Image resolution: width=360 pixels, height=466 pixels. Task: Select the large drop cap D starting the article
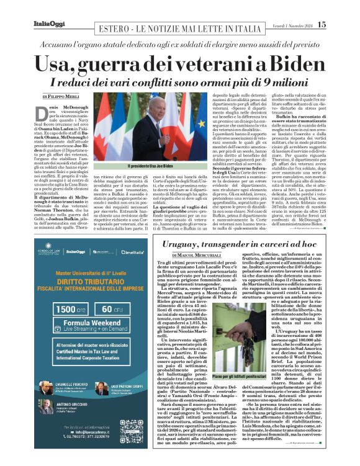click(48, 110)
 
